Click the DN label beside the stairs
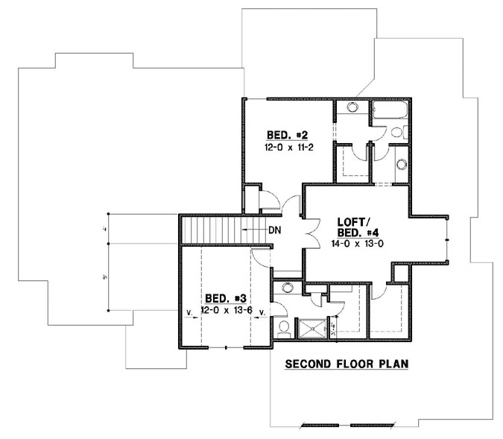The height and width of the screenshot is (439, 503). [274, 230]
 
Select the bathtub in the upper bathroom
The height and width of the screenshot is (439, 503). [388, 114]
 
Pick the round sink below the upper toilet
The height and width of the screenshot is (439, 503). [402, 164]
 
